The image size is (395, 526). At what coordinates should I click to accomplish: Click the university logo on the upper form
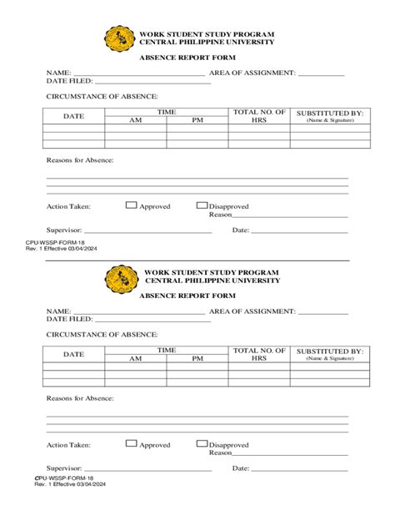click(119, 38)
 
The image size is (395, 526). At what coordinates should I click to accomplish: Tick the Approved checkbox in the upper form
click(131, 205)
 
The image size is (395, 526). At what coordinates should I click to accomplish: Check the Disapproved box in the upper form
click(202, 205)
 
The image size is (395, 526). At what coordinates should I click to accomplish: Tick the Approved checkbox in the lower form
click(131, 444)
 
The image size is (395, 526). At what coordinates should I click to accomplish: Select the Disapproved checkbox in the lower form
click(202, 444)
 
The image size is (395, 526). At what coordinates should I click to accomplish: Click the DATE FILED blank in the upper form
click(150, 83)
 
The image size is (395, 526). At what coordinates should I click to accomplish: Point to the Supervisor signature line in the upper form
click(147, 232)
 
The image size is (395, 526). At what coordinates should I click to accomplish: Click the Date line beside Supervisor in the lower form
click(299, 471)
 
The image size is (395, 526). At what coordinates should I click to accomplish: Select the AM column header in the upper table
click(136, 120)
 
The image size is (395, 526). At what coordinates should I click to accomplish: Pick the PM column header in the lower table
click(197, 359)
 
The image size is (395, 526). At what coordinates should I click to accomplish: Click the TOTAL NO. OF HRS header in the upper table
click(260, 115)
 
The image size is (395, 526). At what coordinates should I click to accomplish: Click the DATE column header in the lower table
click(74, 355)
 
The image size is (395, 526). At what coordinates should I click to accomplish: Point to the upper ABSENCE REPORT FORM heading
click(187, 57)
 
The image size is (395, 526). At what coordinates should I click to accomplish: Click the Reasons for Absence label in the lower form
click(80, 399)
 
